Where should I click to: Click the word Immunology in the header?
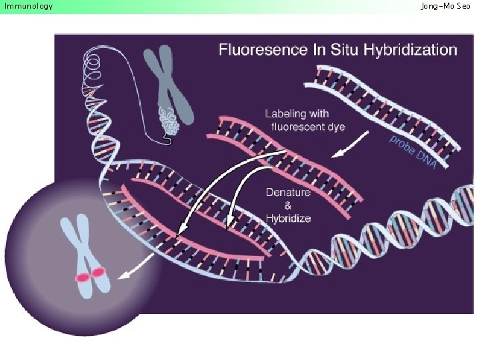29,7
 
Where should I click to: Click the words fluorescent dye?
307,127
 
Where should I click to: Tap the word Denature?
288,193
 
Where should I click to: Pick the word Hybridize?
288,218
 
